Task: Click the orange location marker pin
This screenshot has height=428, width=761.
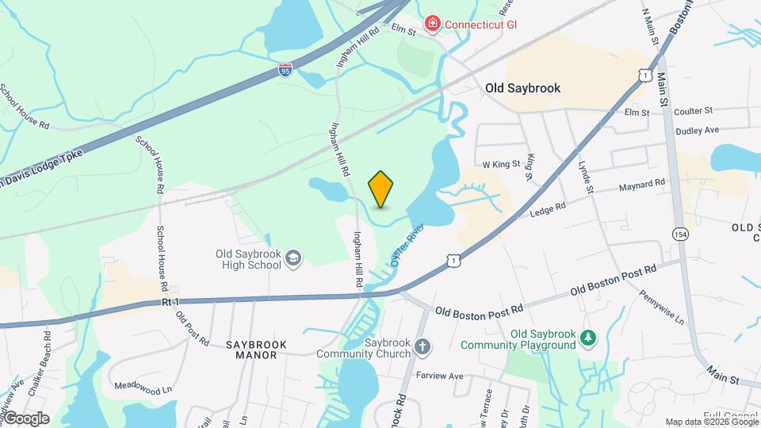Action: (x=381, y=189)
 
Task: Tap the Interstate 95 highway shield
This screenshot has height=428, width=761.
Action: (x=285, y=71)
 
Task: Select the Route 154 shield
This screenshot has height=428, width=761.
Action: (x=679, y=234)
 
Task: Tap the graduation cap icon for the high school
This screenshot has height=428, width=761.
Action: (x=293, y=258)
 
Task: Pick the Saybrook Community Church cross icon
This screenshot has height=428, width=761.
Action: (x=423, y=346)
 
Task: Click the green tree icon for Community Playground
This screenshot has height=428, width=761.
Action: (x=587, y=339)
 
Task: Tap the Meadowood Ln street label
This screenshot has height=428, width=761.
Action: (x=143, y=389)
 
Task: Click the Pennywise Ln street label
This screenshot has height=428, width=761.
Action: (x=663, y=306)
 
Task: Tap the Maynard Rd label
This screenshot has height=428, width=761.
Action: (x=642, y=184)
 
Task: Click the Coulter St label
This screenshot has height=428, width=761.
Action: (x=694, y=111)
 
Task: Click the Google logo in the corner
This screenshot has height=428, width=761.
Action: (x=26, y=418)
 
